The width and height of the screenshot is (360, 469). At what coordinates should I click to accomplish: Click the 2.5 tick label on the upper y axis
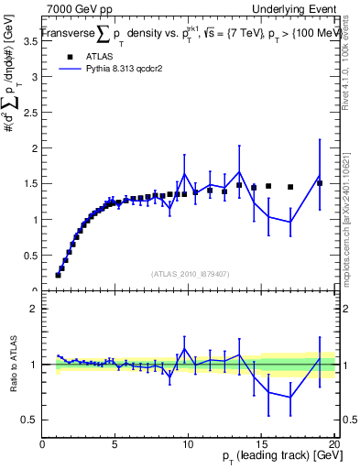coord(32,113)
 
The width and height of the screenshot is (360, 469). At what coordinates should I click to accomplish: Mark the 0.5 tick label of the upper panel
coord(32,256)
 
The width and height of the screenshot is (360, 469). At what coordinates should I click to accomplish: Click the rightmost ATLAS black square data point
coord(320,183)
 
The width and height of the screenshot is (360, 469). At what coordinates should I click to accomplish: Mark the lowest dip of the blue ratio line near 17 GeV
coord(290,398)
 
